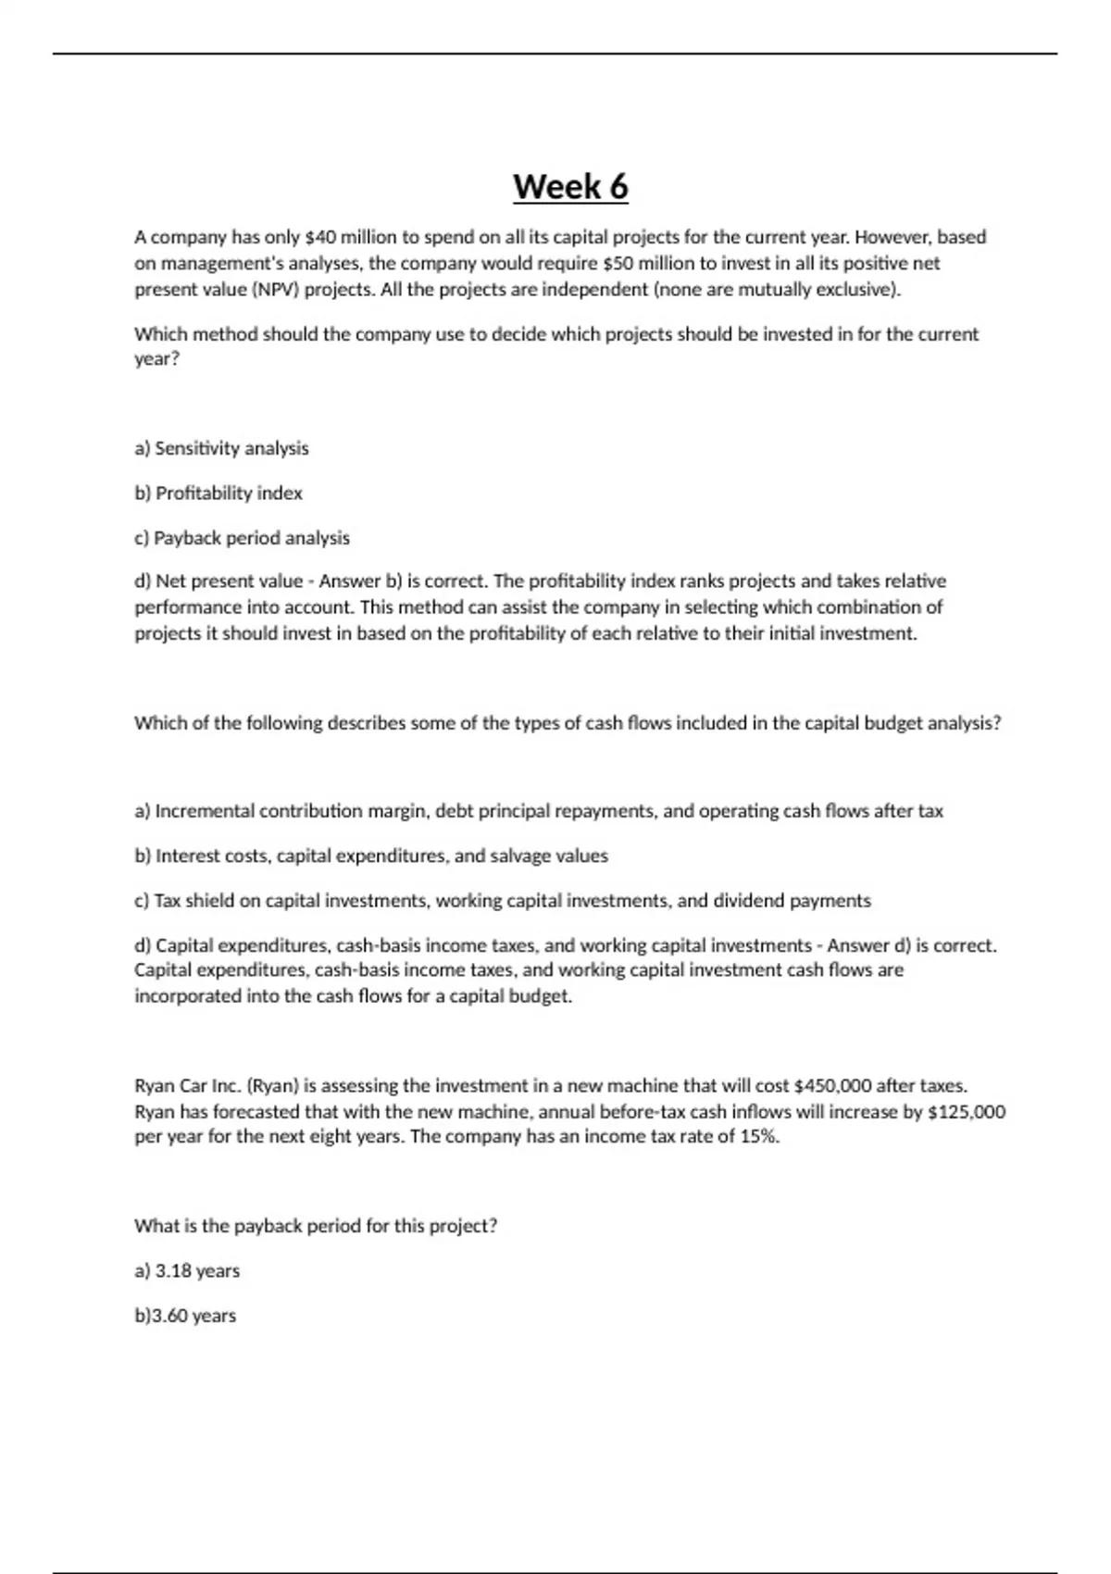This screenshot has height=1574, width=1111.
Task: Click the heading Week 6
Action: click(x=570, y=187)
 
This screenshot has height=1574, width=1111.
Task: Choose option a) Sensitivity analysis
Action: click(x=221, y=448)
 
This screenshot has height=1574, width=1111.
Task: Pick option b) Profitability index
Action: click(x=218, y=493)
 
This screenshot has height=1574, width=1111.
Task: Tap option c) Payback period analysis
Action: click(x=242, y=538)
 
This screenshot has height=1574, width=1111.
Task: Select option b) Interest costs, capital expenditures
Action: click(x=370, y=856)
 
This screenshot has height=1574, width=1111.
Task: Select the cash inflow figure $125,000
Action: click(x=966, y=1111)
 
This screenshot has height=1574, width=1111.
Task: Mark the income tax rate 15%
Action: click(x=759, y=1137)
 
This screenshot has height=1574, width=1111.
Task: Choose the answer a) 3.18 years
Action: click(x=187, y=1270)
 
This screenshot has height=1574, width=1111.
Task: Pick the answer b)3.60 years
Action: click(x=185, y=1316)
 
